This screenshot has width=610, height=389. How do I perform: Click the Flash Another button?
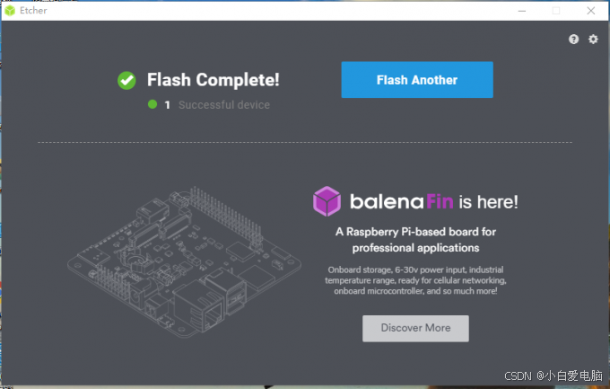point(417,80)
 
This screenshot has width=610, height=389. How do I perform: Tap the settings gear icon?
point(593,39)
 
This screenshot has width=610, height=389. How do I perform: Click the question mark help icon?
point(573,39)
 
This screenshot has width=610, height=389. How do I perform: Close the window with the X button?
point(590,11)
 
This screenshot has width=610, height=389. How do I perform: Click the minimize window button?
point(522,11)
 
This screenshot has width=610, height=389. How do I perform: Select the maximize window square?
point(556,11)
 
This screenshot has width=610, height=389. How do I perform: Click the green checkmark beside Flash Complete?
point(126,80)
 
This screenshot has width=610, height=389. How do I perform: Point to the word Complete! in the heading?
point(238,80)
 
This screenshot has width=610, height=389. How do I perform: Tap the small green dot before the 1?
point(152,104)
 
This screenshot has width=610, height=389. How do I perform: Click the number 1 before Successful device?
point(167,105)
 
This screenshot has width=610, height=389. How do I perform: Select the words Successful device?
point(224,105)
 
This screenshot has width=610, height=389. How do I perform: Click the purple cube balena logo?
point(327,201)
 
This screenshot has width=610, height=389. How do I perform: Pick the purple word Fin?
point(440,202)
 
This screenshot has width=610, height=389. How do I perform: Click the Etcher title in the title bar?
point(33,11)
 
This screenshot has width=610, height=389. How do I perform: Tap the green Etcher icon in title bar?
point(10,11)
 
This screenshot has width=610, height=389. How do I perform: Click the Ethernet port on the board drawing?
point(199,306)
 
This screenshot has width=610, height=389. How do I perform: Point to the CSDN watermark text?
point(518,376)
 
